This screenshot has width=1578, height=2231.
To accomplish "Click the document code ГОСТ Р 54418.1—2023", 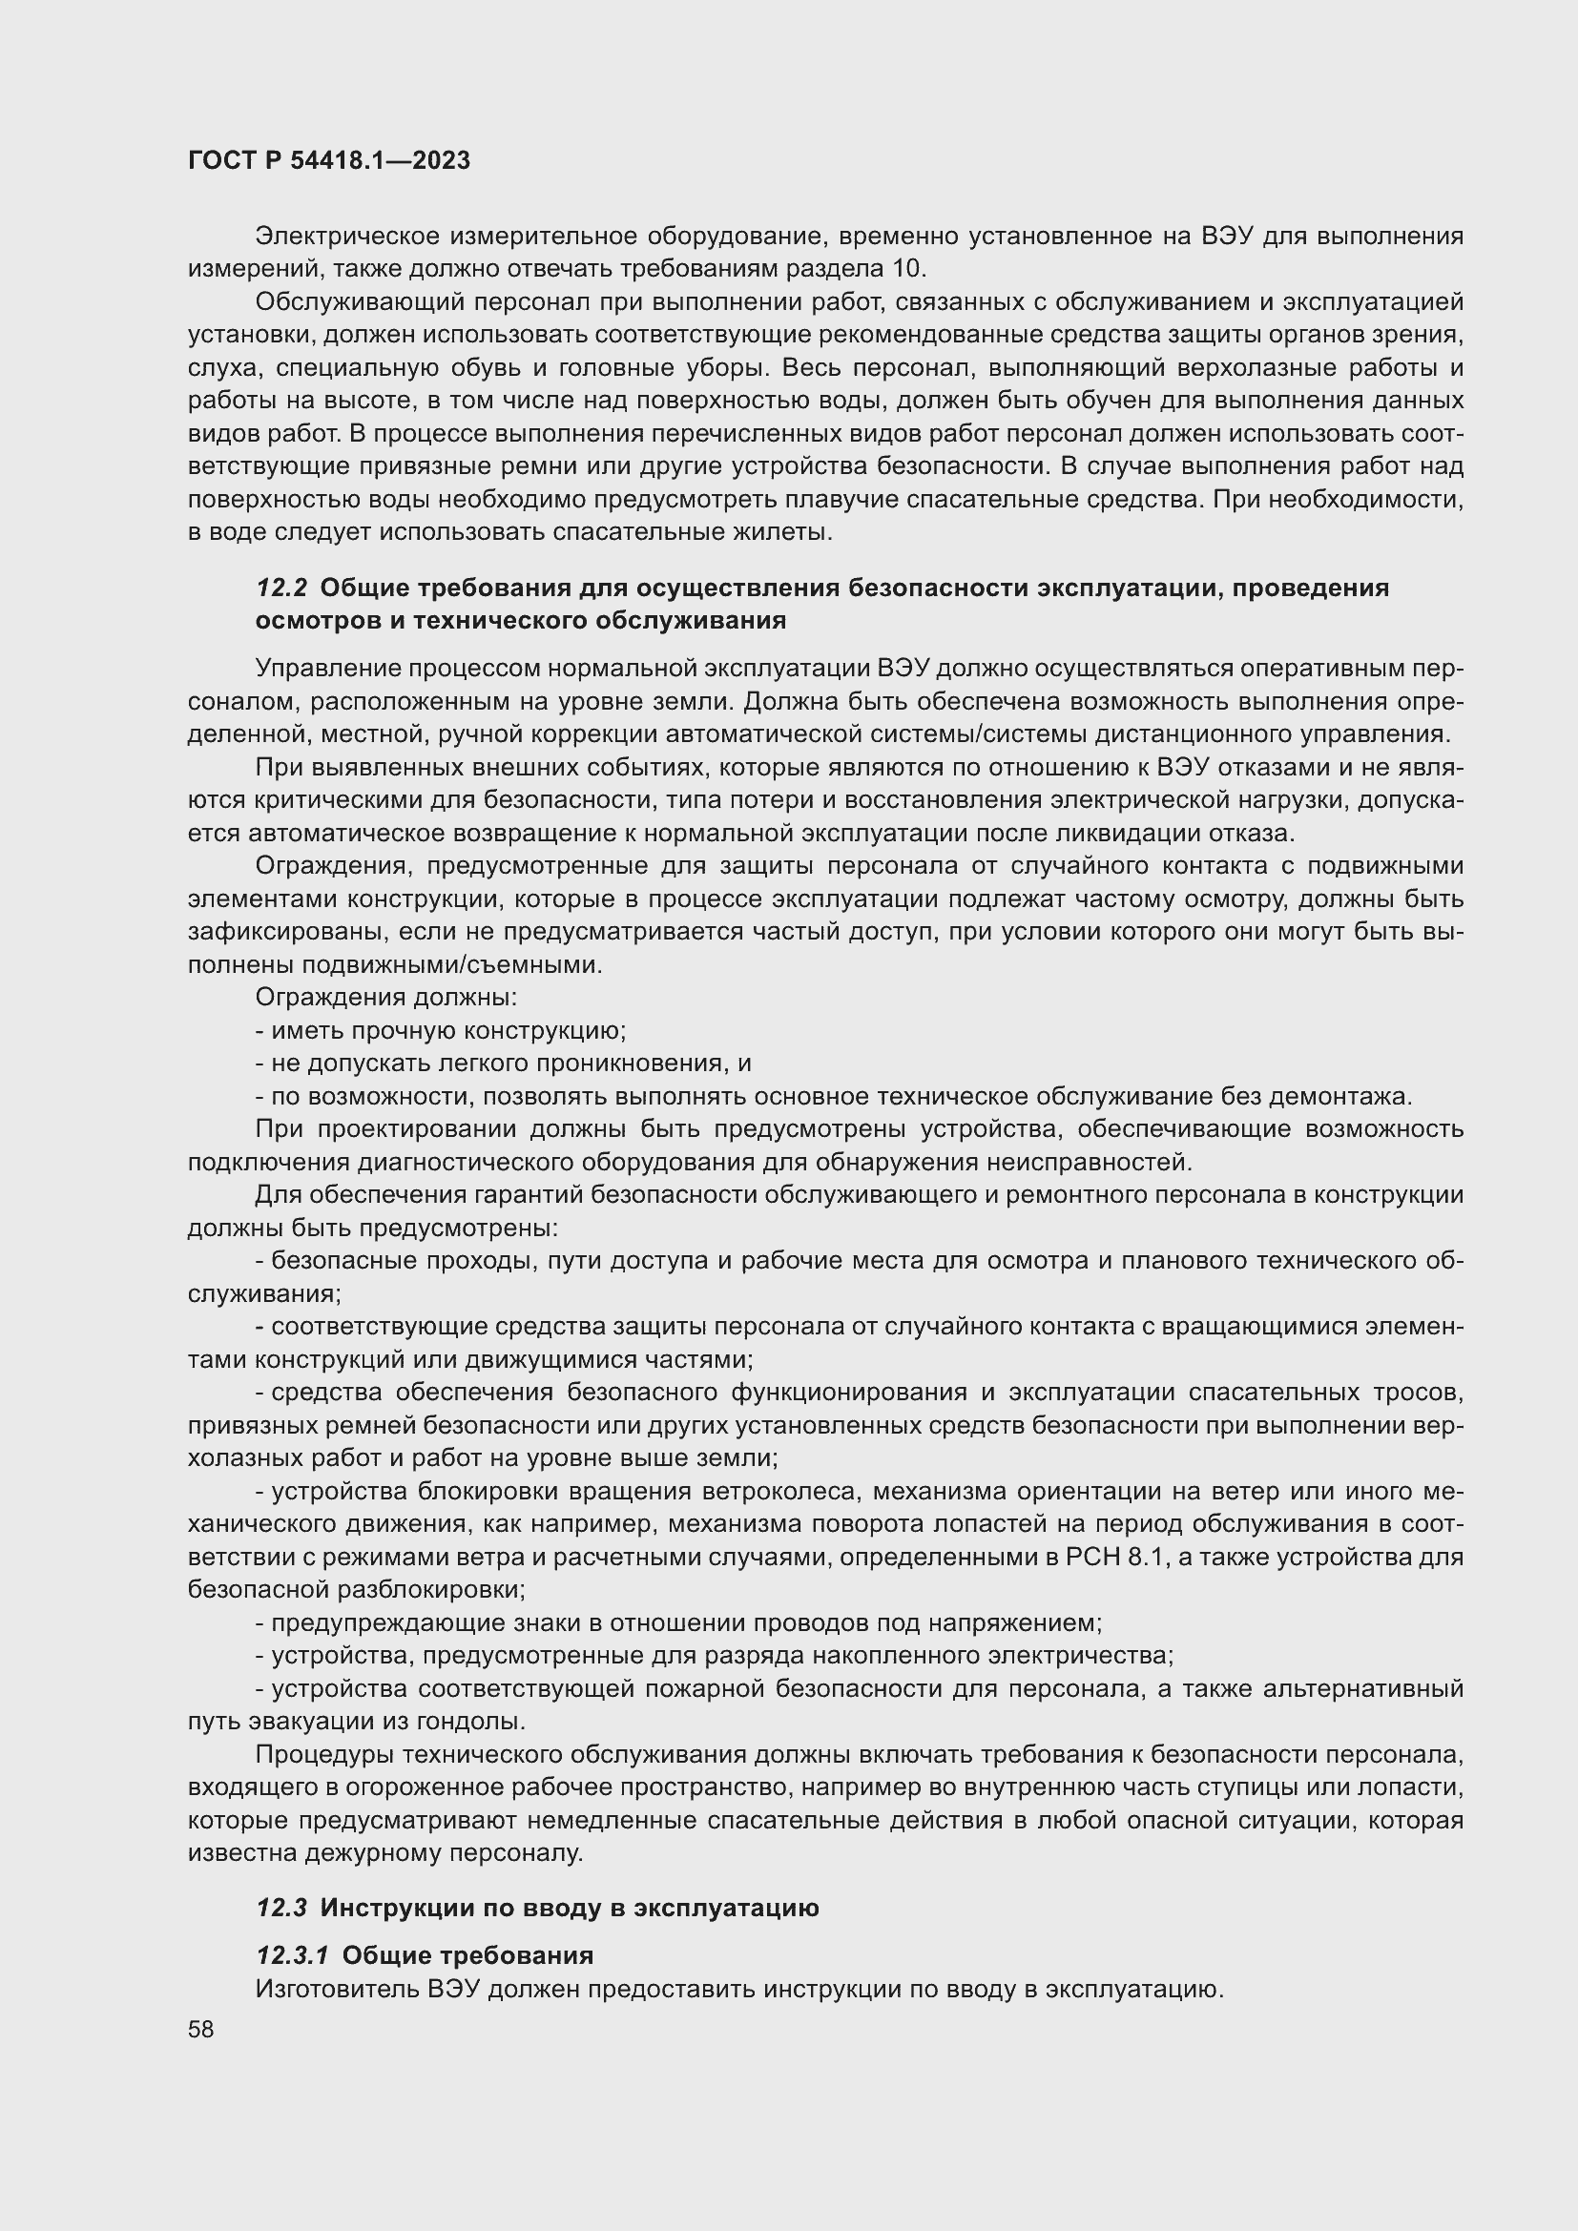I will [328, 161].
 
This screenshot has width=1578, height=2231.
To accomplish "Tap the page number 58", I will [201, 2029].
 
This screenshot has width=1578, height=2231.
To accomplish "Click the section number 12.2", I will [280, 588].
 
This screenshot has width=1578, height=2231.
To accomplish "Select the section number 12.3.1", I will [293, 1954].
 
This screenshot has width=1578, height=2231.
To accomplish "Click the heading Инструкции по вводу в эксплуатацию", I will [570, 1907].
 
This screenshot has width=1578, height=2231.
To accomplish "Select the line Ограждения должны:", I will [385, 998].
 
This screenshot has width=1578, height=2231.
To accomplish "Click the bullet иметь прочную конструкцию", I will [440, 1031].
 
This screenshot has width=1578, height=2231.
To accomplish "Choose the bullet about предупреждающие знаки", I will [677, 1622].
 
